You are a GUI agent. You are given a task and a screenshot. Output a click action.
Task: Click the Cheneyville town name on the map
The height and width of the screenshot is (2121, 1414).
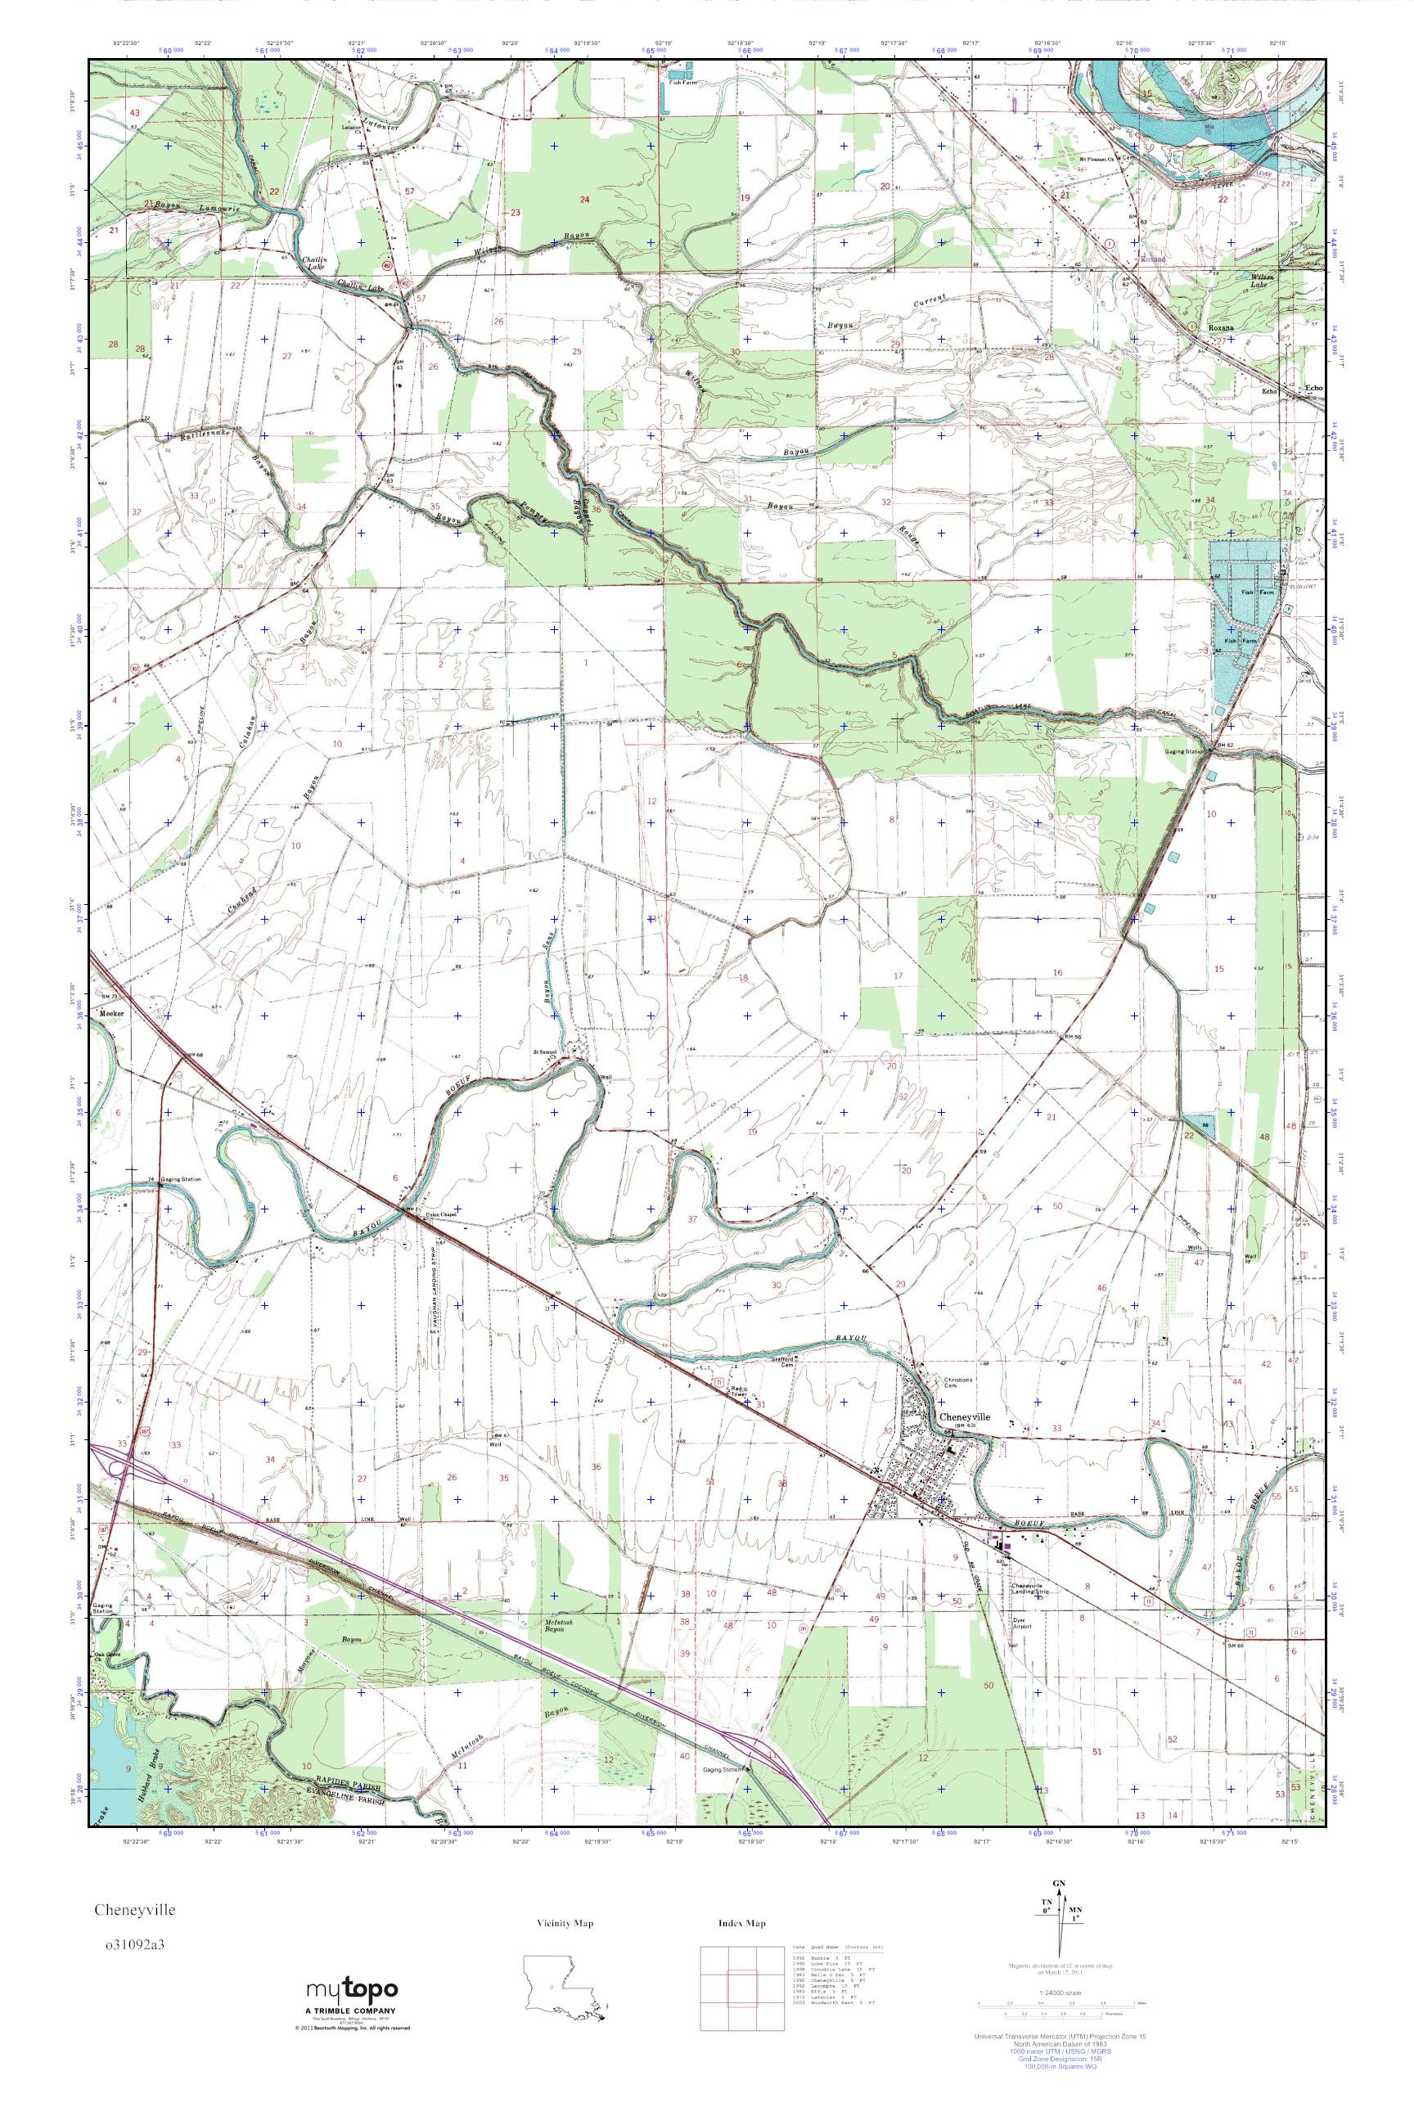(x=964, y=1416)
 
